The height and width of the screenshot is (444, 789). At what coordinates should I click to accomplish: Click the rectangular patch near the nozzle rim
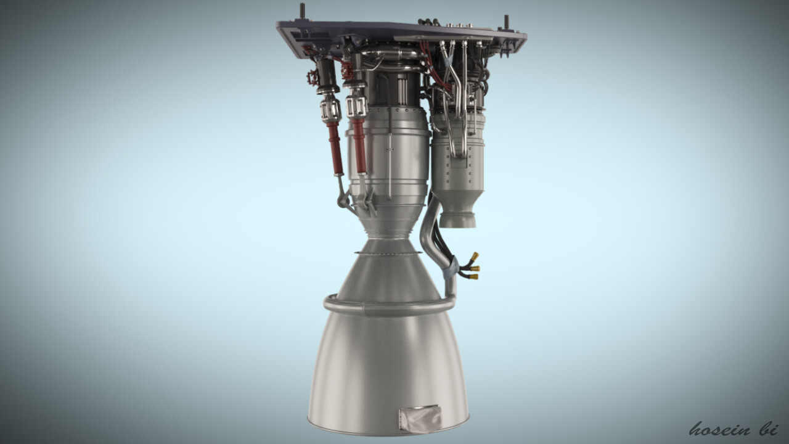tap(420, 417)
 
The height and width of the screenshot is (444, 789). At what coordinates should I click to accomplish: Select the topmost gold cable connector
tap(474, 255)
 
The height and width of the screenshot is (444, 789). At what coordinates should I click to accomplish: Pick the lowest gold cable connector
tap(472, 277)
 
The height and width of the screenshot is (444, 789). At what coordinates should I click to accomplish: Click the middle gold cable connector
tap(475, 268)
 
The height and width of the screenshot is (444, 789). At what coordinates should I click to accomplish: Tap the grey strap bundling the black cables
tap(452, 266)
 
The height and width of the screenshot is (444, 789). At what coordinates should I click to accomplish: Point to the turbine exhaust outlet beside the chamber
tap(459, 218)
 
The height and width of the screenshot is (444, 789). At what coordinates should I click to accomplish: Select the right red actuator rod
tap(359, 145)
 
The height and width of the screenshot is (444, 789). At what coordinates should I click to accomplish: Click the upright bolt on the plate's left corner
tap(303, 12)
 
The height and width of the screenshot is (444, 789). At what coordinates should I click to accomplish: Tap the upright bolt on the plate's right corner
tap(506, 22)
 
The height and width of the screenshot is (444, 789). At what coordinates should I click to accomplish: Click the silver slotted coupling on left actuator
tap(330, 110)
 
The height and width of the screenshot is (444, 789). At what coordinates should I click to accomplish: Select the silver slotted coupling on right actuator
tap(357, 106)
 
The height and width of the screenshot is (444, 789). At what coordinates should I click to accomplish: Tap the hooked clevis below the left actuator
tap(341, 197)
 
